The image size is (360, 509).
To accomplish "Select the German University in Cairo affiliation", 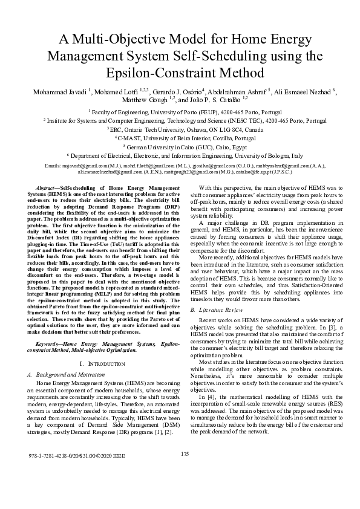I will pos(180,147).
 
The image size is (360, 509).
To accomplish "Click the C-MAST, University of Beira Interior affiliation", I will pos(180,138).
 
